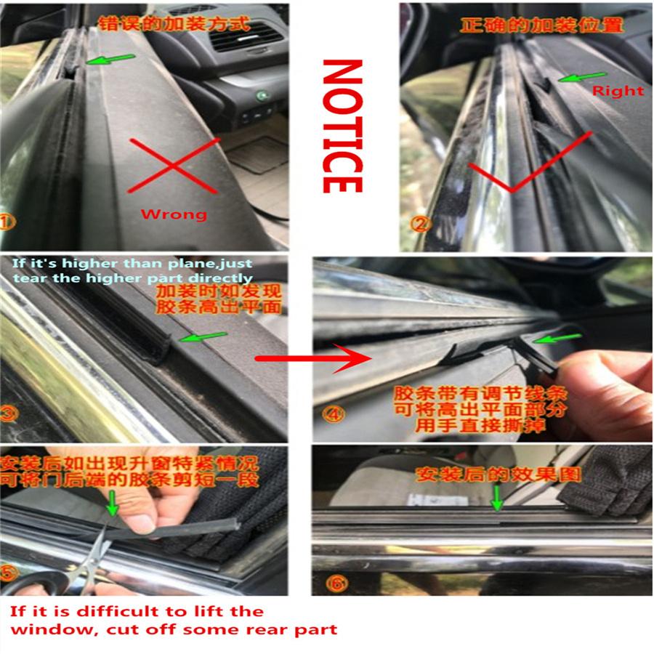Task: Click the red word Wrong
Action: [x=174, y=214]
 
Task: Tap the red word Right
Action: [x=618, y=91]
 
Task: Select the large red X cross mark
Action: [x=174, y=166]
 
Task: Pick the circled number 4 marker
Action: [x=333, y=414]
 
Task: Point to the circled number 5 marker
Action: [x=9, y=573]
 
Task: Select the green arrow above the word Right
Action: [x=581, y=76]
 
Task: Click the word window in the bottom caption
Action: [x=44, y=629]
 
